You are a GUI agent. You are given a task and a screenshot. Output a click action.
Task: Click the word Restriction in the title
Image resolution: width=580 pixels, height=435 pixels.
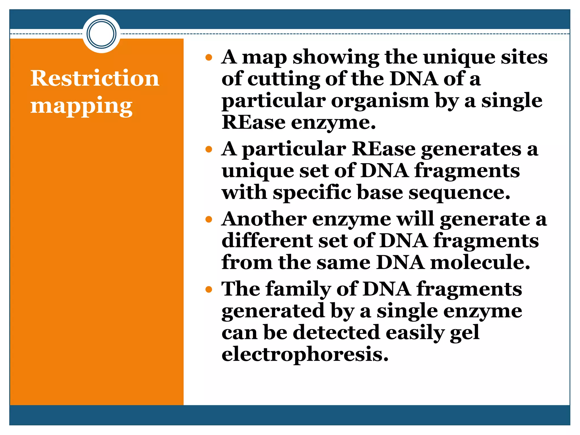point(95,78)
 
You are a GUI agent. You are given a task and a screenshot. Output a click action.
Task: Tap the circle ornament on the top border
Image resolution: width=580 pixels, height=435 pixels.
point(101,34)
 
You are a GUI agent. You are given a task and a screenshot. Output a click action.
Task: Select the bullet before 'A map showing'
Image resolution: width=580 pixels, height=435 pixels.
point(209,58)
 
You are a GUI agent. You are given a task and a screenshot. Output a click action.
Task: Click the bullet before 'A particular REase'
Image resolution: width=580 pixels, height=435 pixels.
point(209,150)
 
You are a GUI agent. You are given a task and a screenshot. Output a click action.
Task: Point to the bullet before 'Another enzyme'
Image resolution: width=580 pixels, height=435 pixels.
point(209,219)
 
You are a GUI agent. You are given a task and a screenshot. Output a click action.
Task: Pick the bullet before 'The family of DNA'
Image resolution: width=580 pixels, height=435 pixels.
point(209,289)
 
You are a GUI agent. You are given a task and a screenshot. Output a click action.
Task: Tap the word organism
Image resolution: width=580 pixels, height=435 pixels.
point(380,101)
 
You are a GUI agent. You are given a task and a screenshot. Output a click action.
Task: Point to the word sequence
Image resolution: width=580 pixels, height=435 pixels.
point(459,193)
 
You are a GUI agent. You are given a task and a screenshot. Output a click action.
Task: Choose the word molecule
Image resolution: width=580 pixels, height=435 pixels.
point(480,263)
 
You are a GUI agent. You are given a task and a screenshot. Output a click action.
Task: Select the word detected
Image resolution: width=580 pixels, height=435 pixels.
point(336,332)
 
